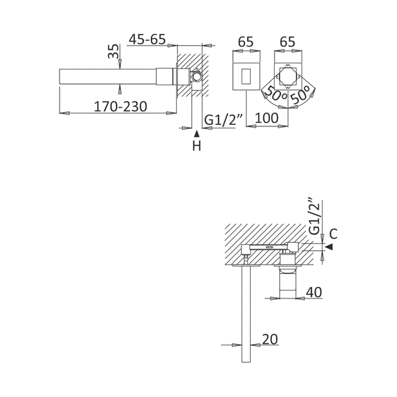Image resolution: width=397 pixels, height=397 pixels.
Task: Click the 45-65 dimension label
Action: click(147, 39)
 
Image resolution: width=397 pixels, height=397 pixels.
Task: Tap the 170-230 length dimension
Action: click(120, 107)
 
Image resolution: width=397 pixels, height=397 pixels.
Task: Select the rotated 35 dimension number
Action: click(113, 51)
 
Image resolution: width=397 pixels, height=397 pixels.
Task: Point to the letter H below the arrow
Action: click(197, 146)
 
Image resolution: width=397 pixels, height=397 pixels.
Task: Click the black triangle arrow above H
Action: click(197, 134)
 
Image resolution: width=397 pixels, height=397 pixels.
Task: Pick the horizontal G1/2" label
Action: click(224, 120)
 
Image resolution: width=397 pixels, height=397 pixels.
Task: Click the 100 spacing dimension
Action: click(267, 118)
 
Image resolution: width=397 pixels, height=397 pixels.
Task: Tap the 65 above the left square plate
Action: click(245, 42)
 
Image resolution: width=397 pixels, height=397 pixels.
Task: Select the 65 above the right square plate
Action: click(287, 42)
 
